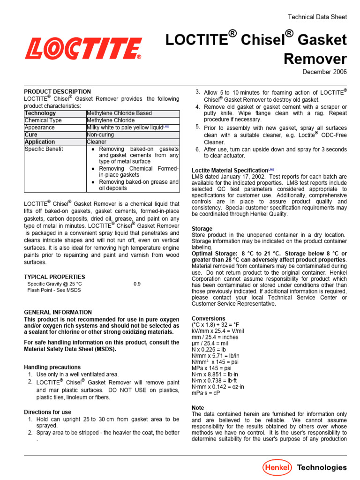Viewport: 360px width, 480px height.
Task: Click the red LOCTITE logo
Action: tap(83, 49)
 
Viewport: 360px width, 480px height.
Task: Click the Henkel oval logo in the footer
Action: tap(277, 467)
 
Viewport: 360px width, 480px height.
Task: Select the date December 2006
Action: tap(324, 72)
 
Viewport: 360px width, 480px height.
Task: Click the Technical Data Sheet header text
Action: tap(317, 17)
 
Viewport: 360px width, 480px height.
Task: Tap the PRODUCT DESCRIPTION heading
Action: tap(58, 91)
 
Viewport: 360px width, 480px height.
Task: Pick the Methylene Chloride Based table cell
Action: tap(119, 113)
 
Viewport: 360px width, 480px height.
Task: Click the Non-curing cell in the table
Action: tap(101, 135)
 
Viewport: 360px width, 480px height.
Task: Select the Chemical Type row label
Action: tap(43, 120)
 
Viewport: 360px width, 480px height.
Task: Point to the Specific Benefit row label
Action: tap(44, 149)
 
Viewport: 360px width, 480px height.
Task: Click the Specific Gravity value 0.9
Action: tap(137, 284)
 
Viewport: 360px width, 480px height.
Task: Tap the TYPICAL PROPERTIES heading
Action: tap(55, 277)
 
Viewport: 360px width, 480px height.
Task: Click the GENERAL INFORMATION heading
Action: tap(58, 312)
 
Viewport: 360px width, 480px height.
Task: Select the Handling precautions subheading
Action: tap(52, 367)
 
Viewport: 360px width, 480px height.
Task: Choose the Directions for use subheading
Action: tap(48, 412)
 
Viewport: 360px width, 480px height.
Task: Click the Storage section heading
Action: tap(202, 229)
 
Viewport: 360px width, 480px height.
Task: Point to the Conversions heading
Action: tap(209, 318)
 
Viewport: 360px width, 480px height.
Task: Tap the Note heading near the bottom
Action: tap(198, 408)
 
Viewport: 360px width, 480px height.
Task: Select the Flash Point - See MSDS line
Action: tap(54, 290)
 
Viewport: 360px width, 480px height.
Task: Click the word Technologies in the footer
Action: tap(322, 467)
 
